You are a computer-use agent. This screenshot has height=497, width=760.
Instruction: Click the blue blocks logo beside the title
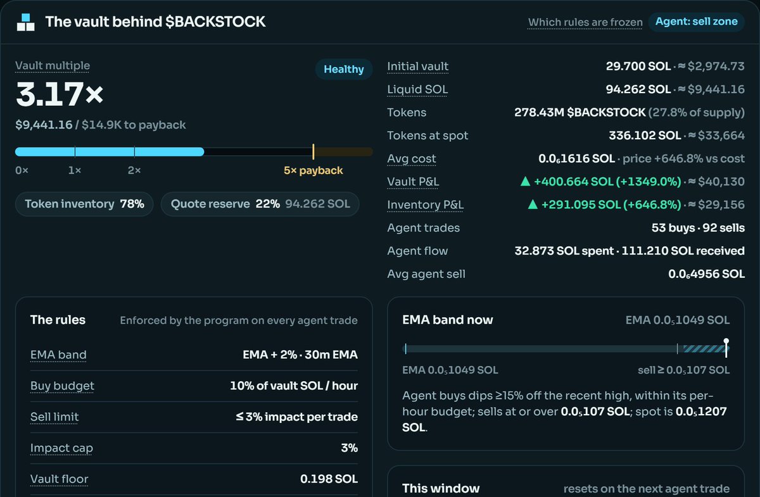26,22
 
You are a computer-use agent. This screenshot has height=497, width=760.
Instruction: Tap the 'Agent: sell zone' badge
696,22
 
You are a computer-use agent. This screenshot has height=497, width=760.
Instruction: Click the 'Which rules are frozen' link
585,22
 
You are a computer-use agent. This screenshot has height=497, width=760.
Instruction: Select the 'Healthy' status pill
344,69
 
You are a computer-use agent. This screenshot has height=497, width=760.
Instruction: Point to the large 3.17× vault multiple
60,94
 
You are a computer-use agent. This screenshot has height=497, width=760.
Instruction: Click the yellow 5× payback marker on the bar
313,152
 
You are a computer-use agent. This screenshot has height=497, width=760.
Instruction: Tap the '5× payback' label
313,170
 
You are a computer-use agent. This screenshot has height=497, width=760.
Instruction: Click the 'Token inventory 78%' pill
84,204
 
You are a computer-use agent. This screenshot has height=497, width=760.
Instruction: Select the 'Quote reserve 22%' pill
260,204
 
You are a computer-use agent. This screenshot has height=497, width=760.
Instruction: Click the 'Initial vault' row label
417,66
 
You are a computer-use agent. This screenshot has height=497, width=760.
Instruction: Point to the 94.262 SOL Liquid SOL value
638,89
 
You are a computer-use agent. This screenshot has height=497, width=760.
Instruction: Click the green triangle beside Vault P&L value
525,182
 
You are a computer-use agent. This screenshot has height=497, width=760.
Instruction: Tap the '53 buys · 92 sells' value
698,228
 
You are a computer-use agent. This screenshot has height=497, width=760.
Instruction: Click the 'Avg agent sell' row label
426,274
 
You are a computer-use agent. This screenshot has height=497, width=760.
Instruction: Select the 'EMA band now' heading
448,320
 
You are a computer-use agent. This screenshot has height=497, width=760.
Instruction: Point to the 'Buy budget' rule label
62,386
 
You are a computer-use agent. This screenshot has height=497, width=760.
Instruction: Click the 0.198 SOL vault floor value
329,479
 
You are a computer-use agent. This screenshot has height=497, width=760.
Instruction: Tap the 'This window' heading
441,489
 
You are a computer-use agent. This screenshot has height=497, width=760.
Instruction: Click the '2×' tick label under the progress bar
134,170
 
